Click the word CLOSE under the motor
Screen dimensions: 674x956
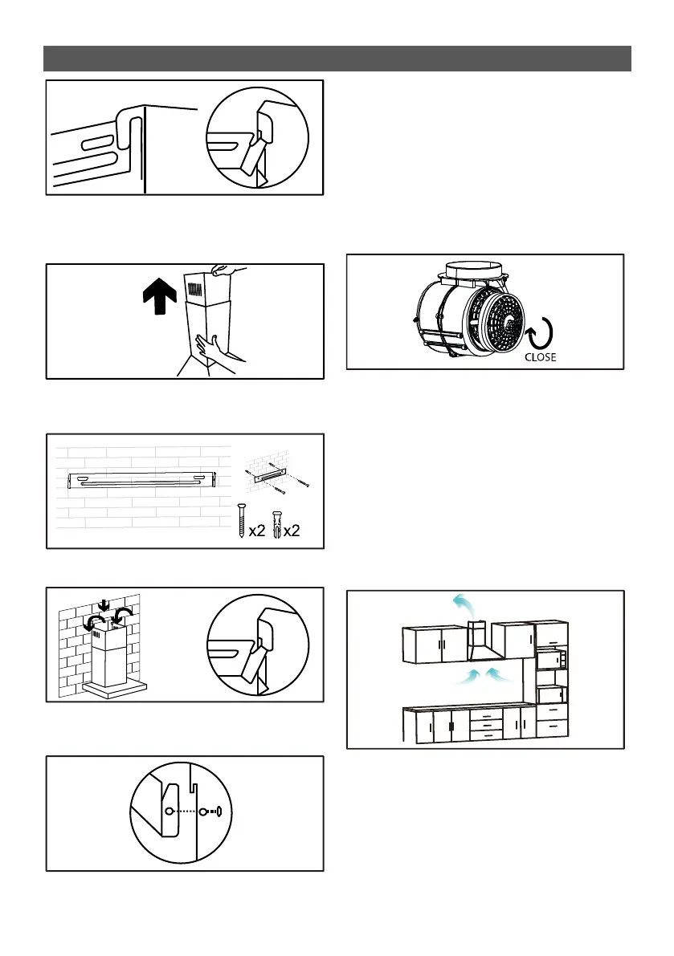coord(540,357)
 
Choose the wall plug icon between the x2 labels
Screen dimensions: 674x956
coord(278,523)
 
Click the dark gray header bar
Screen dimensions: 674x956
coord(337,59)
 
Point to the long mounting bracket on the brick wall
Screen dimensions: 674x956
coord(142,480)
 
